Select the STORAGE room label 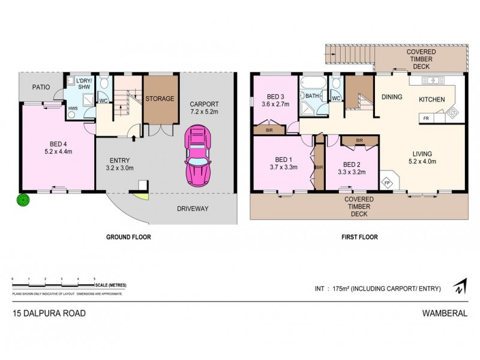coord(160,98)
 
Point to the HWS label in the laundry coord(72,109)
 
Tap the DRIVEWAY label coord(193,209)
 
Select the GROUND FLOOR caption coord(128,237)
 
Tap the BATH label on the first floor coord(312,95)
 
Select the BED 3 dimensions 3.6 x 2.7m coord(275,104)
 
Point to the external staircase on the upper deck coord(348,58)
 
